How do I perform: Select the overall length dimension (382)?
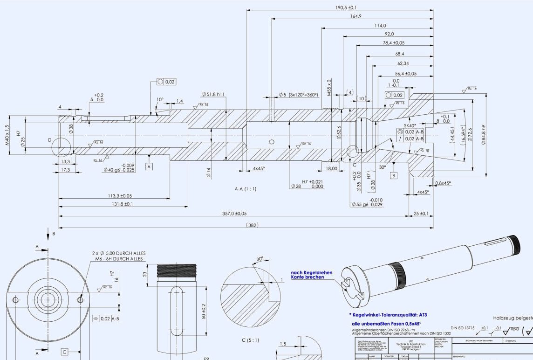[x=252, y=225]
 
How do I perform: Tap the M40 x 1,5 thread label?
[x=7, y=135]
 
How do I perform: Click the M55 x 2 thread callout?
[x=329, y=88]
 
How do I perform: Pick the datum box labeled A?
[x=149, y=166]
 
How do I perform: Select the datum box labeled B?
[x=394, y=175]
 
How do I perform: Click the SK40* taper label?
[x=410, y=126]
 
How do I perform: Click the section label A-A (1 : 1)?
[x=246, y=189]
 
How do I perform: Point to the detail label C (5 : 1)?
[x=251, y=340]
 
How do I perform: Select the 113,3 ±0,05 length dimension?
[x=113, y=195]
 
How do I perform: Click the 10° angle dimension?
[x=160, y=99]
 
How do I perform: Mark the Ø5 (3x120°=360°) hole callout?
[x=298, y=95]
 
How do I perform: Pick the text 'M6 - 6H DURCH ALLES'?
[x=120, y=259]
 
